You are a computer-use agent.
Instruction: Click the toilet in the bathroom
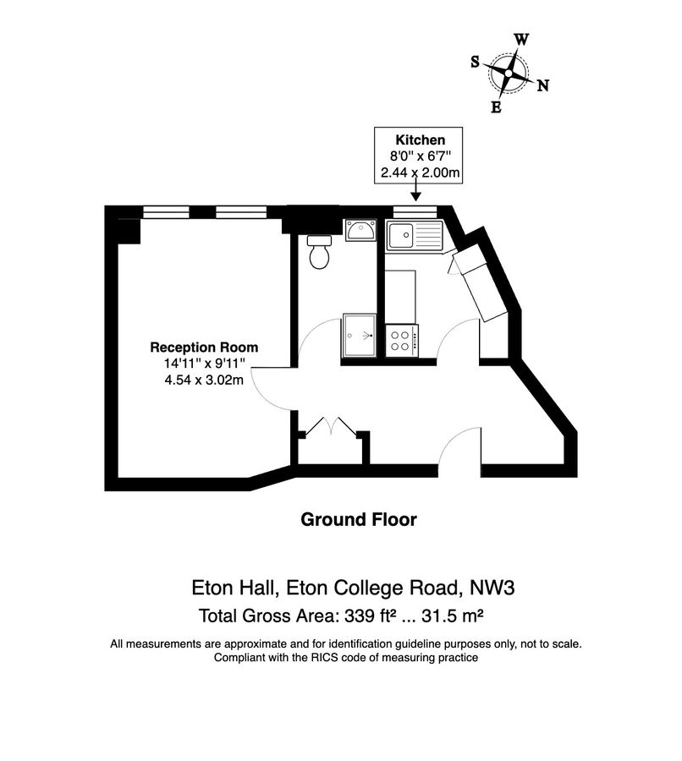pyautogui.click(x=319, y=251)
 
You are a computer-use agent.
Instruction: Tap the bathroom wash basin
pyautogui.click(x=360, y=230)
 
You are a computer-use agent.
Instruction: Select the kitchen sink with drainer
pyautogui.click(x=415, y=236)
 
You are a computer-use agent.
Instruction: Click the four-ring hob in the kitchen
pyautogui.click(x=402, y=341)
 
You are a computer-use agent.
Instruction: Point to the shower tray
pyautogui.click(x=360, y=335)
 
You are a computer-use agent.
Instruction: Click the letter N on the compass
pyautogui.click(x=542, y=86)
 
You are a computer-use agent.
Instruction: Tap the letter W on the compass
pyautogui.click(x=521, y=39)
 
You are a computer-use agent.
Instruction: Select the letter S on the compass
pyautogui.click(x=475, y=62)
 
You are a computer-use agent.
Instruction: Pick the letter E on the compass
pyautogui.click(x=496, y=107)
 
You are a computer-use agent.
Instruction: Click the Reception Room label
pyautogui.click(x=204, y=348)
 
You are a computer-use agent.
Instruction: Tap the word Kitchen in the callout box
pyautogui.click(x=421, y=140)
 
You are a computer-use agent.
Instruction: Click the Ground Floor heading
pyautogui.click(x=359, y=520)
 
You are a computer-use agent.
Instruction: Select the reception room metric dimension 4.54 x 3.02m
pyautogui.click(x=204, y=380)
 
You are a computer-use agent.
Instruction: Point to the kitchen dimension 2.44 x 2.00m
pyautogui.click(x=421, y=172)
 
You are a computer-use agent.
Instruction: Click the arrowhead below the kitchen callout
pyautogui.click(x=415, y=196)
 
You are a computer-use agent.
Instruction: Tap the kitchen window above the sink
pyautogui.click(x=415, y=212)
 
